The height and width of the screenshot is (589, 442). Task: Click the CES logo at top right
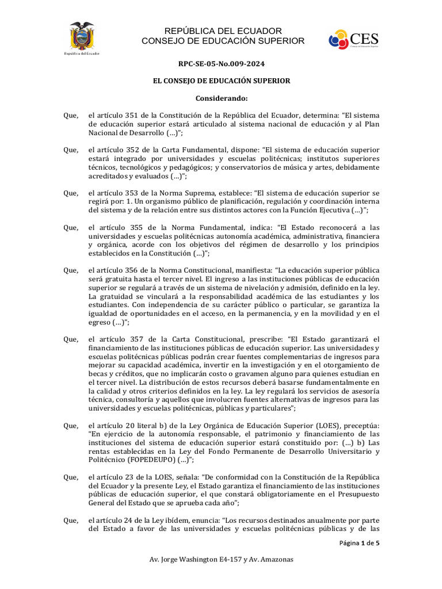point(354,40)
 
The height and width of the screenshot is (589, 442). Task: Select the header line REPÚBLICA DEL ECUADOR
point(223,30)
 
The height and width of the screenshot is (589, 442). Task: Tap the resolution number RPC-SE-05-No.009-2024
point(221,64)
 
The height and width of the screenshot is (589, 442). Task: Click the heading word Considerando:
point(221,98)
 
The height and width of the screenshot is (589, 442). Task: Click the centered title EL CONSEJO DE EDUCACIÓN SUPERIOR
point(221,81)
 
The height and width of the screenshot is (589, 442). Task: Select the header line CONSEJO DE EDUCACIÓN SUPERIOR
point(223,41)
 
